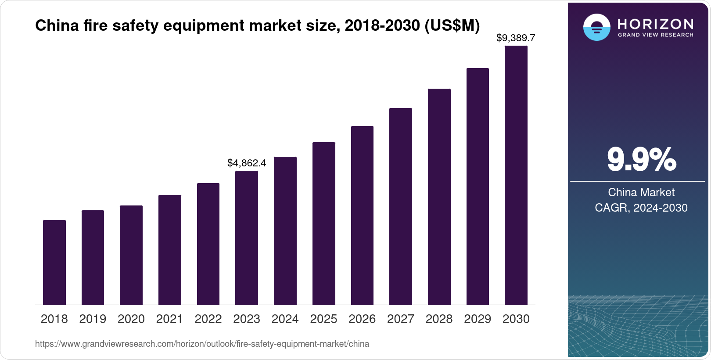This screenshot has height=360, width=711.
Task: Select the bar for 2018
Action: [54, 262]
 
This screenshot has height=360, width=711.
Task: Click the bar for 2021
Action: [170, 250]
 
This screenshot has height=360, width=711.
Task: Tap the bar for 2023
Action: [247, 238]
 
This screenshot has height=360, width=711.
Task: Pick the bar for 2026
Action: [362, 215]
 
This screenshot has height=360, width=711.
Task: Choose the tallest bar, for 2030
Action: [516, 175]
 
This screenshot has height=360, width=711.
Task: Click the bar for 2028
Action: [439, 197]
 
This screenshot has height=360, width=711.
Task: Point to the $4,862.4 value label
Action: [247, 163]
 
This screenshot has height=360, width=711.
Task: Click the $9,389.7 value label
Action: [516, 38]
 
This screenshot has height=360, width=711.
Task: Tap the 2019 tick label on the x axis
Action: [93, 319]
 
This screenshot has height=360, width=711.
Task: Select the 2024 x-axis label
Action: [285, 319]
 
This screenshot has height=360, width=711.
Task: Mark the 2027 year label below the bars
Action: [401, 319]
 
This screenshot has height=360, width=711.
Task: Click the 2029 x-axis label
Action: [478, 319]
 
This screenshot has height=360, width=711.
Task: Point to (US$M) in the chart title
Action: [452, 26]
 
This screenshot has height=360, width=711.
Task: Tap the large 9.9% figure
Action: [641, 160]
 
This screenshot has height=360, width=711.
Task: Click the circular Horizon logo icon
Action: [596, 27]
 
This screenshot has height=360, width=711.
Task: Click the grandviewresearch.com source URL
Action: [202, 344]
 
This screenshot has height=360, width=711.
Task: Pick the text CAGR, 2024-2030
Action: [641, 208]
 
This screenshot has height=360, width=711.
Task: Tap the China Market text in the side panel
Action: [641, 192]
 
